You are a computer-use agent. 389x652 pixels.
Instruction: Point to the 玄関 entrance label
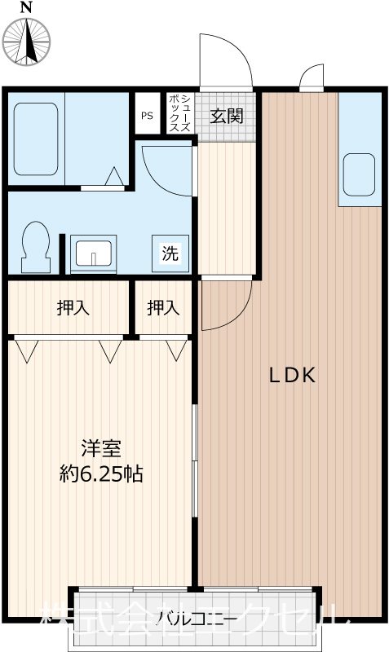tap(227, 116)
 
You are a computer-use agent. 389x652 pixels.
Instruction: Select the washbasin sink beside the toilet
tap(95, 253)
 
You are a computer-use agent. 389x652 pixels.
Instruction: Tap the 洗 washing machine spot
tap(170, 253)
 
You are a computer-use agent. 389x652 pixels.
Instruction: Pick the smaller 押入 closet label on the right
tap(163, 307)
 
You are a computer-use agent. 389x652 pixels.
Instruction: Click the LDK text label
tap(292, 376)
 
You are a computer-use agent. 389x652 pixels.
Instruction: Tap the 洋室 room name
tap(101, 448)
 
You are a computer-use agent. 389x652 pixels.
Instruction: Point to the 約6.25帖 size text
tap(101, 474)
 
